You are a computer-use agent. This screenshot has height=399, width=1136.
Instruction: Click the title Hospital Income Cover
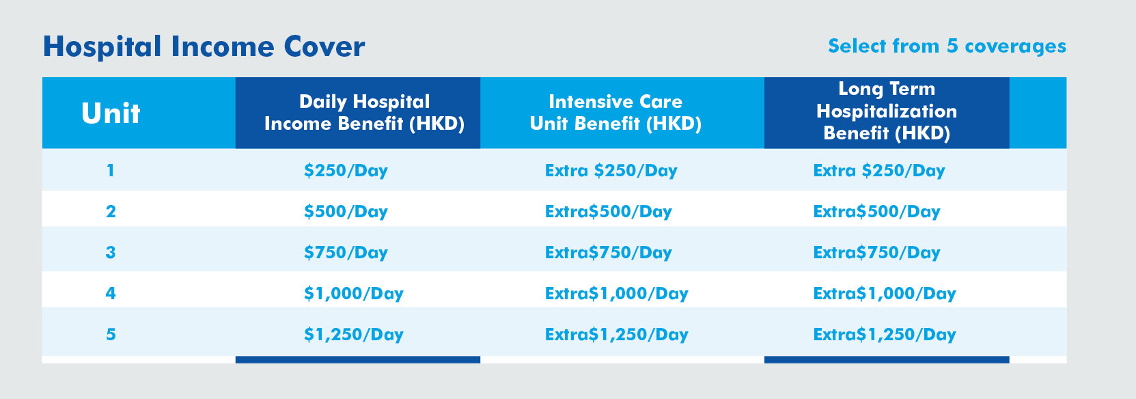204,46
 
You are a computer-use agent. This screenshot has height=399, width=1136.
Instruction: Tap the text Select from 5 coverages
947,46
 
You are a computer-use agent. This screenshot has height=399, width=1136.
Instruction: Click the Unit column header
111,113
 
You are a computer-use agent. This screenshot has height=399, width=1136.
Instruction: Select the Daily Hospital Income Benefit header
364,113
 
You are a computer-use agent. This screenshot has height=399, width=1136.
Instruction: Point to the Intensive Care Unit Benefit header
615,113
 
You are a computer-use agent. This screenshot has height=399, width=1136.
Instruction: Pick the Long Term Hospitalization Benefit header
887,111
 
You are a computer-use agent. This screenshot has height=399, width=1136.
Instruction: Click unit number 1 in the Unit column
111,170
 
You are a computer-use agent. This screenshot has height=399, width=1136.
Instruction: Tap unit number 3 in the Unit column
111,253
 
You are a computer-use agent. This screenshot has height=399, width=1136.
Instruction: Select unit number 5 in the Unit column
111,335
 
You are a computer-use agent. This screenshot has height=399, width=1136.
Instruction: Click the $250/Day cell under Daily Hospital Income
346,170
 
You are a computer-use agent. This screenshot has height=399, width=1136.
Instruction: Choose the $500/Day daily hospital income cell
346,211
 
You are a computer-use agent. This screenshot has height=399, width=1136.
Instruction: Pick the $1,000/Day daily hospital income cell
353,294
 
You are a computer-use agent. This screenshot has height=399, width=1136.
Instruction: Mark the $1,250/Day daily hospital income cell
353,335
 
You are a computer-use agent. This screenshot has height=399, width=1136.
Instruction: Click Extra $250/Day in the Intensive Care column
611,170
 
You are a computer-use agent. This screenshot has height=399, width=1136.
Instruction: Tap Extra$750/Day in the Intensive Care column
609,253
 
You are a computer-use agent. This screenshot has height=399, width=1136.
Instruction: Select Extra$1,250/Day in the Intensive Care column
617,335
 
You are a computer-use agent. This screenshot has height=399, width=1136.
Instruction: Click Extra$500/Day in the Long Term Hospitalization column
877,211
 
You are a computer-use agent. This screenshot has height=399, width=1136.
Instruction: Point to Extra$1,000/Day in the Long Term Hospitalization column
885,294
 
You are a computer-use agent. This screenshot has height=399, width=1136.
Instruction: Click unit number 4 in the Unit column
111,294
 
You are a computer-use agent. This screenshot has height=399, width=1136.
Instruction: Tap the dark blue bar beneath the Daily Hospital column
357,359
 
